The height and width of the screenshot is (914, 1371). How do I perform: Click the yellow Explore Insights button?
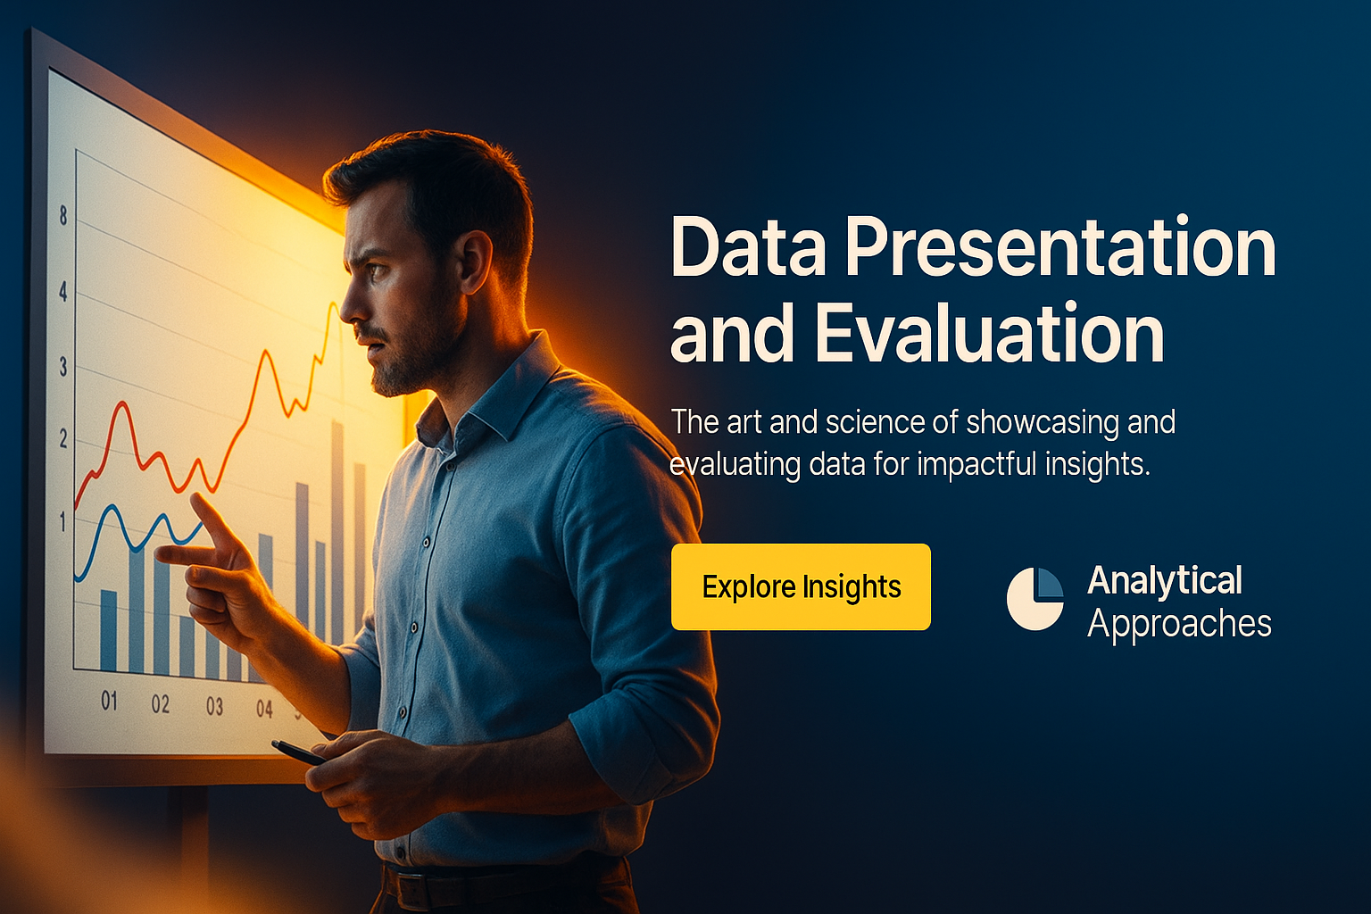(x=801, y=586)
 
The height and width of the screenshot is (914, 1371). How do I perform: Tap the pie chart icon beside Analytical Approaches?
(x=1034, y=599)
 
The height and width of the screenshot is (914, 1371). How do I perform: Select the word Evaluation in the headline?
(x=990, y=334)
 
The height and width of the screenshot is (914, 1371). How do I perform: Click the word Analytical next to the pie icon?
(x=1165, y=580)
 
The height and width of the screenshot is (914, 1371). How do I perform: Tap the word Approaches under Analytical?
(x=1179, y=625)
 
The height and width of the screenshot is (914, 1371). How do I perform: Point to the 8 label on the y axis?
(x=63, y=215)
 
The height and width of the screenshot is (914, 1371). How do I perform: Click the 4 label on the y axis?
(x=63, y=292)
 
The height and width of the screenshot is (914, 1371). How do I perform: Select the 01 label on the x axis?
(x=109, y=701)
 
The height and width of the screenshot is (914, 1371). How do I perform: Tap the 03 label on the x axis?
(x=214, y=706)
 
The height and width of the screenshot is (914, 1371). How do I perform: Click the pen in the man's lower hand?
(x=298, y=752)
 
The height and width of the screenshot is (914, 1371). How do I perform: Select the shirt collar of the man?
(x=490, y=392)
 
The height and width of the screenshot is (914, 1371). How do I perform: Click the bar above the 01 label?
(x=108, y=630)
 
